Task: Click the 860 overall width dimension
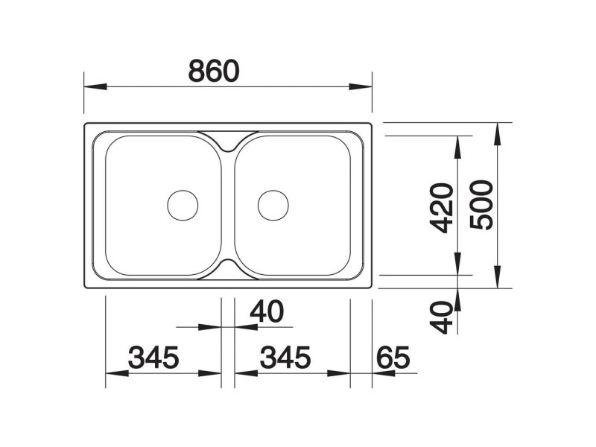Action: point(214,71)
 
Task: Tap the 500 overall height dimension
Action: point(481,206)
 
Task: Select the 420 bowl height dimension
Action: point(442,208)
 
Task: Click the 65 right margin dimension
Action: point(393,358)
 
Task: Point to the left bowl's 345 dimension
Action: point(153,358)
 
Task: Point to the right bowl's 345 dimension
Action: point(285,358)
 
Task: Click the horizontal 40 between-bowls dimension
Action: point(267,311)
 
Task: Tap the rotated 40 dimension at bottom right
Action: point(442,317)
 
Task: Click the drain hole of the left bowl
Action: point(183,206)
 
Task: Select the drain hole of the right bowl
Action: point(273,206)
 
